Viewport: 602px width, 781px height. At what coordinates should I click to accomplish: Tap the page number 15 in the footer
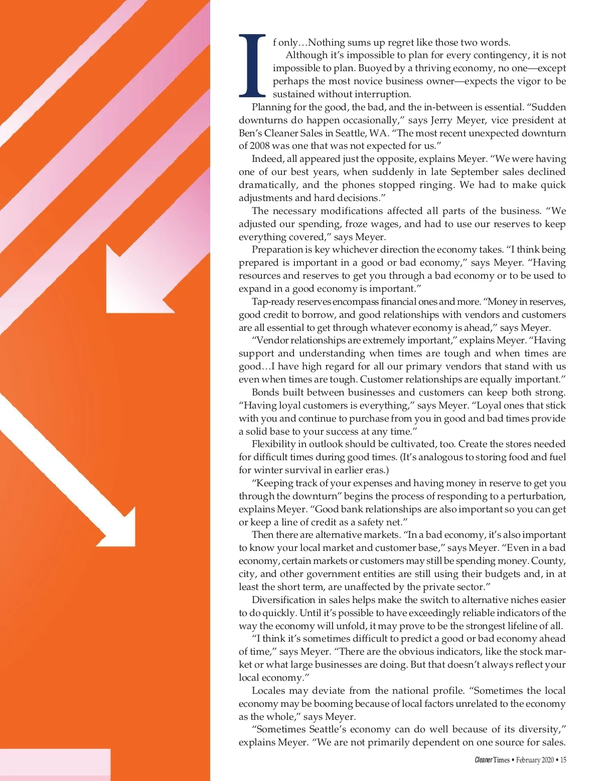pyautogui.click(x=563, y=760)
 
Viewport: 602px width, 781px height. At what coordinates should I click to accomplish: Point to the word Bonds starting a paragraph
pyautogui.click(x=266, y=393)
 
